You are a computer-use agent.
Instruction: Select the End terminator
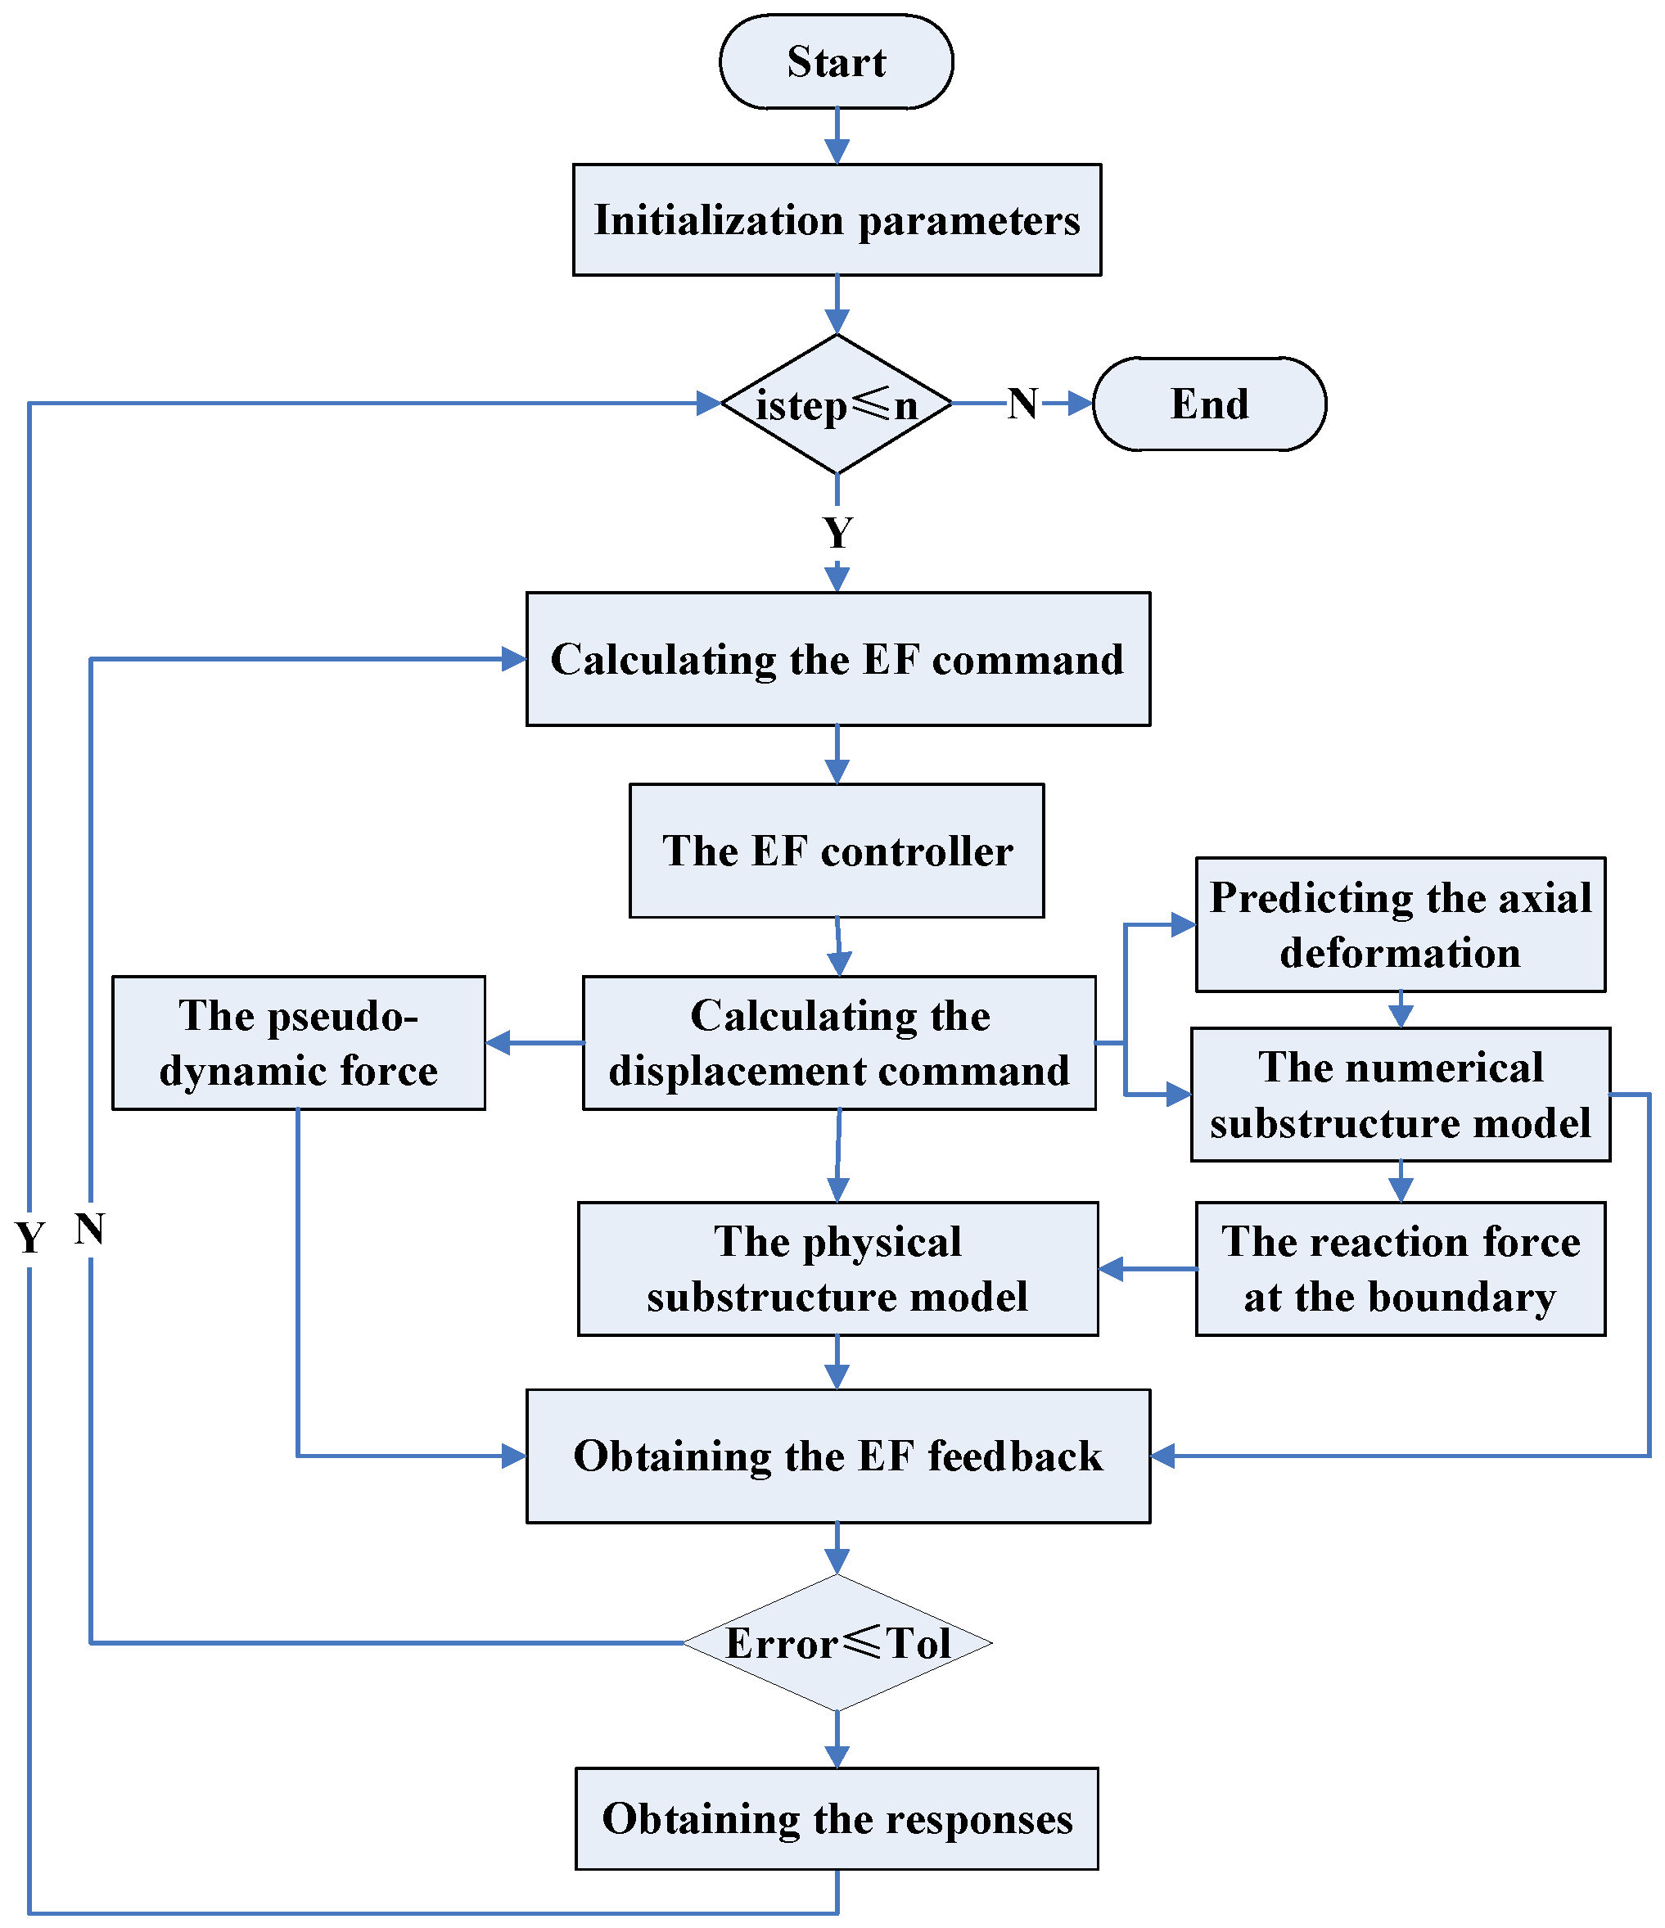click(x=1208, y=404)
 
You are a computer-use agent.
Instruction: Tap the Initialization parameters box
click(x=837, y=219)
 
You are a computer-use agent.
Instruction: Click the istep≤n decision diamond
click(x=837, y=404)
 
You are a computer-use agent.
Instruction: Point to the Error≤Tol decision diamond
click(x=837, y=1643)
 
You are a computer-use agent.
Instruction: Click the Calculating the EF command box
click(x=837, y=660)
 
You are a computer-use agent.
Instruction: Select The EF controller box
click(x=837, y=851)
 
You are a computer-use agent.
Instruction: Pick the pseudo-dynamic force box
click(x=298, y=1042)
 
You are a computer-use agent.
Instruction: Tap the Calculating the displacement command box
click(x=838, y=1042)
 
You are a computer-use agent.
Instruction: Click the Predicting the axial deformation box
click(x=1400, y=924)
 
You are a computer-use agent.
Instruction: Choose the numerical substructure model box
click(x=1400, y=1095)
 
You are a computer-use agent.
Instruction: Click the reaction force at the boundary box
click(x=1400, y=1268)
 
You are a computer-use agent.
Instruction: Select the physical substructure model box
click(x=837, y=1268)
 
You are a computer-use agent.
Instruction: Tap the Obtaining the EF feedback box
click(x=837, y=1456)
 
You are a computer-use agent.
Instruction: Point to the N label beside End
click(x=1022, y=404)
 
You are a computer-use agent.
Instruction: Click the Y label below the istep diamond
click(x=837, y=533)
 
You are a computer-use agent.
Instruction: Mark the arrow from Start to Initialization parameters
click(x=837, y=136)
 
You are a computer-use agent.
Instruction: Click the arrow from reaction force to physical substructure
click(x=1147, y=1268)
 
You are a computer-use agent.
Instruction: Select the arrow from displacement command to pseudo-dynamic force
click(x=534, y=1042)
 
